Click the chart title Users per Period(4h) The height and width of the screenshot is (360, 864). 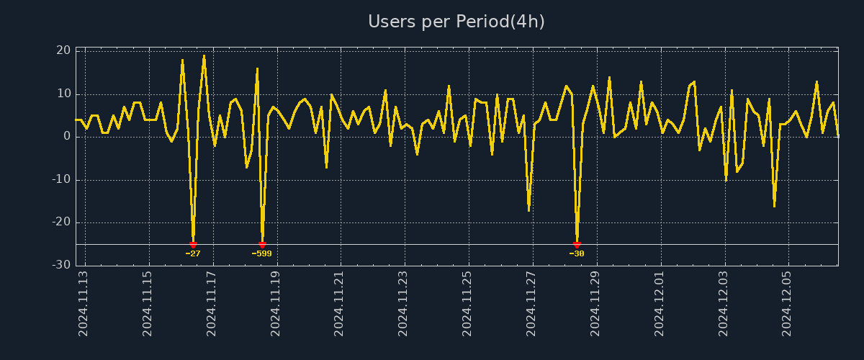pyautogui.click(x=456, y=22)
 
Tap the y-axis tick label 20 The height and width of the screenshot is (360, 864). pyautogui.click(x=63, y=50)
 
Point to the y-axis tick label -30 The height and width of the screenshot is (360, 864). pyautogui.click(x=61, y=265)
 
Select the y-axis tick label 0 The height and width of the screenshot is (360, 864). pyautogui.click(x=67, y=136)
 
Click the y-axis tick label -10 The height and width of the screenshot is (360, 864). pyautogui.click(x=61, y=179)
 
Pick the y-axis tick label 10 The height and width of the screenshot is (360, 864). pyautogui.click(x=63, y=94)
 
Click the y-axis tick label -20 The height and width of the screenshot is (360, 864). pyautogui.click(x=61, y=222)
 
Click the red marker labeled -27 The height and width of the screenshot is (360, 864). pyautogui.click(x=193, y=245)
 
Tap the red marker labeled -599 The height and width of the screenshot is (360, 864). pyautogui.click(x=262, y=245)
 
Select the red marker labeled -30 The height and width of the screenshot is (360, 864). pyautogui.click(x=577, y=245)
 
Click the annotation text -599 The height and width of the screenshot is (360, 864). pyautogui.click(x=262, y=253)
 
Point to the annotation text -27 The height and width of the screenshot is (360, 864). pyautogui.click(x=193, y=253)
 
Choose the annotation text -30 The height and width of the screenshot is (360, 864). pyautogui.click(x=577, y=253)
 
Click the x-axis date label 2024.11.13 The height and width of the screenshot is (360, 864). pyautogui.click(x=84, y=303)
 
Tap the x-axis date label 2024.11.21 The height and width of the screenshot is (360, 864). pyautogui.click(x=339, y=303)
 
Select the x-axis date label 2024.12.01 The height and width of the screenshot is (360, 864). pyautogui.click(x=660, y=303)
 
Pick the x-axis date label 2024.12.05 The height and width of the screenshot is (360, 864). pyautogui.click(x=787, y=303)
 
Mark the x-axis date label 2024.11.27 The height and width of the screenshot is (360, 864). pyautogui.click(x=531, y=303)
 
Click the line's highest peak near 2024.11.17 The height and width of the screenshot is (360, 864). pyautogui.click(x=204, y=55)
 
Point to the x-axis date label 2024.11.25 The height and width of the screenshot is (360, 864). pyautogui.click(x=467, y=303)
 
